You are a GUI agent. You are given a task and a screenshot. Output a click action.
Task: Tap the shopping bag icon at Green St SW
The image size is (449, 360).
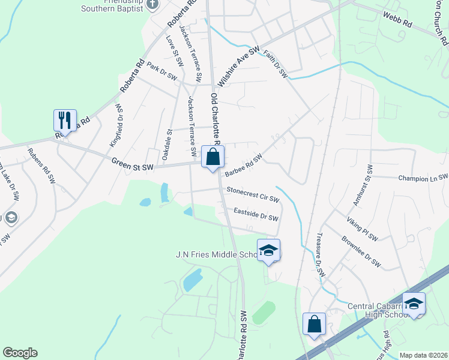click(x=212, y=157)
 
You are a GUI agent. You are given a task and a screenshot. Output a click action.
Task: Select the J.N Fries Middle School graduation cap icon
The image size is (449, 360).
click(x=268, y=251)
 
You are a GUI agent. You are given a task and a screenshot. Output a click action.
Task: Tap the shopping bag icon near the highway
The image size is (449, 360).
click(x=314, y=325)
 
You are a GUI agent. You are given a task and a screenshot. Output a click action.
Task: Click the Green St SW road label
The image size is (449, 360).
click(x=132, y=164)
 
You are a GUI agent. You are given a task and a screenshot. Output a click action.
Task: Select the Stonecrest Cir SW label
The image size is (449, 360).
click(x=253, y=194)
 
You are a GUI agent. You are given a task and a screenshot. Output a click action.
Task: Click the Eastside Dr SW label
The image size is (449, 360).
click(x=256, y=214)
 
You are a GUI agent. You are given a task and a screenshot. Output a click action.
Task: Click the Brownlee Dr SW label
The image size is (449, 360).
click(x=361, y=254)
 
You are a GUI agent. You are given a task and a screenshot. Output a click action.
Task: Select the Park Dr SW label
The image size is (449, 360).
click(x=162, y=73)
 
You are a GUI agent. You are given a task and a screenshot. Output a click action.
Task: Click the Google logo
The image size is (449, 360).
click(x=20, y=353)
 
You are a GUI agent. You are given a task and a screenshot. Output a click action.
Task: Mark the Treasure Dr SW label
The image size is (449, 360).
click(x=319, y=254)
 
